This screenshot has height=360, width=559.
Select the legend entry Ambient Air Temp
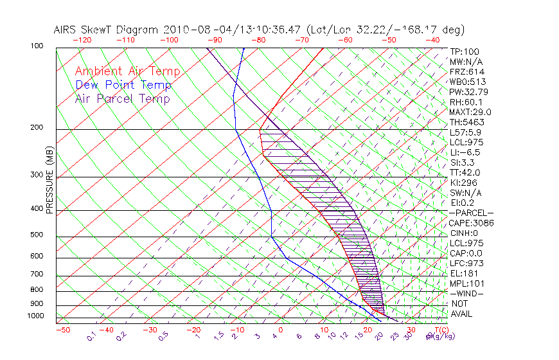[x=128, y=72]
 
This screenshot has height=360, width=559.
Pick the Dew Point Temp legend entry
[x=123, y=85]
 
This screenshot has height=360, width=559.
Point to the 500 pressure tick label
[x=38, y=236]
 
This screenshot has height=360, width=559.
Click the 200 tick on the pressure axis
[x=38, y=128]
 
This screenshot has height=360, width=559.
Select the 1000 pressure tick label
[x=36, y=316]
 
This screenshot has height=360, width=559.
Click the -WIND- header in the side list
[x=467, y=293]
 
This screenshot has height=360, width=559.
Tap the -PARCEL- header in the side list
[x=472, y=213]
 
